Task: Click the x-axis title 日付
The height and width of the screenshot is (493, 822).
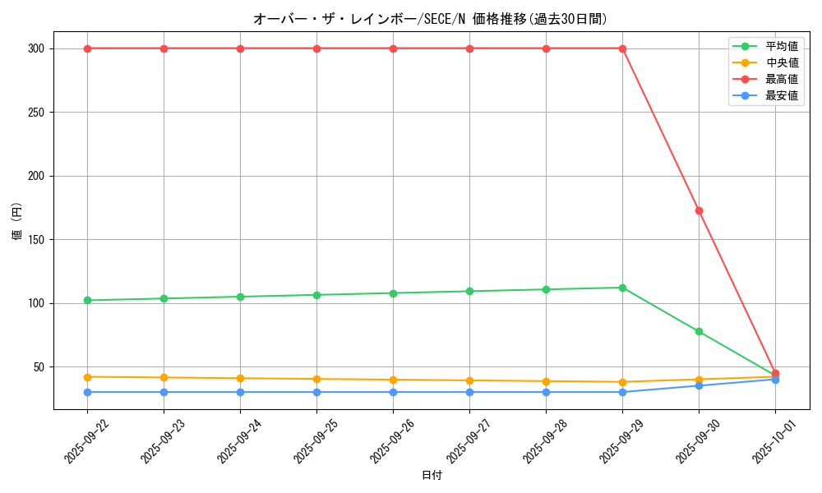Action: tap(432, 476)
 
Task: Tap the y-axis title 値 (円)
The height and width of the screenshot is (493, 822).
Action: tap(17, 221)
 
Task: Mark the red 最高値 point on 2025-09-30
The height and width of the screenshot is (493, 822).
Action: tap(699, 210)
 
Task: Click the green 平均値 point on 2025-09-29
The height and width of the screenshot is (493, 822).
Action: tap(622, 288)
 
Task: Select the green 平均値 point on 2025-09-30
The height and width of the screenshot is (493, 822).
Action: tap(699, 331)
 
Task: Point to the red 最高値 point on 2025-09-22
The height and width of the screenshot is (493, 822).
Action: tap(87, 48)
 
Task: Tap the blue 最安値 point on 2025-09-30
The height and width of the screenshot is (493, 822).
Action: tap(699, 385)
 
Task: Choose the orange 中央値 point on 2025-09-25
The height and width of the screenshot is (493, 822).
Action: tap(316, 379)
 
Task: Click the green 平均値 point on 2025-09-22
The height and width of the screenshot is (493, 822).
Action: tap(87, 300)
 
